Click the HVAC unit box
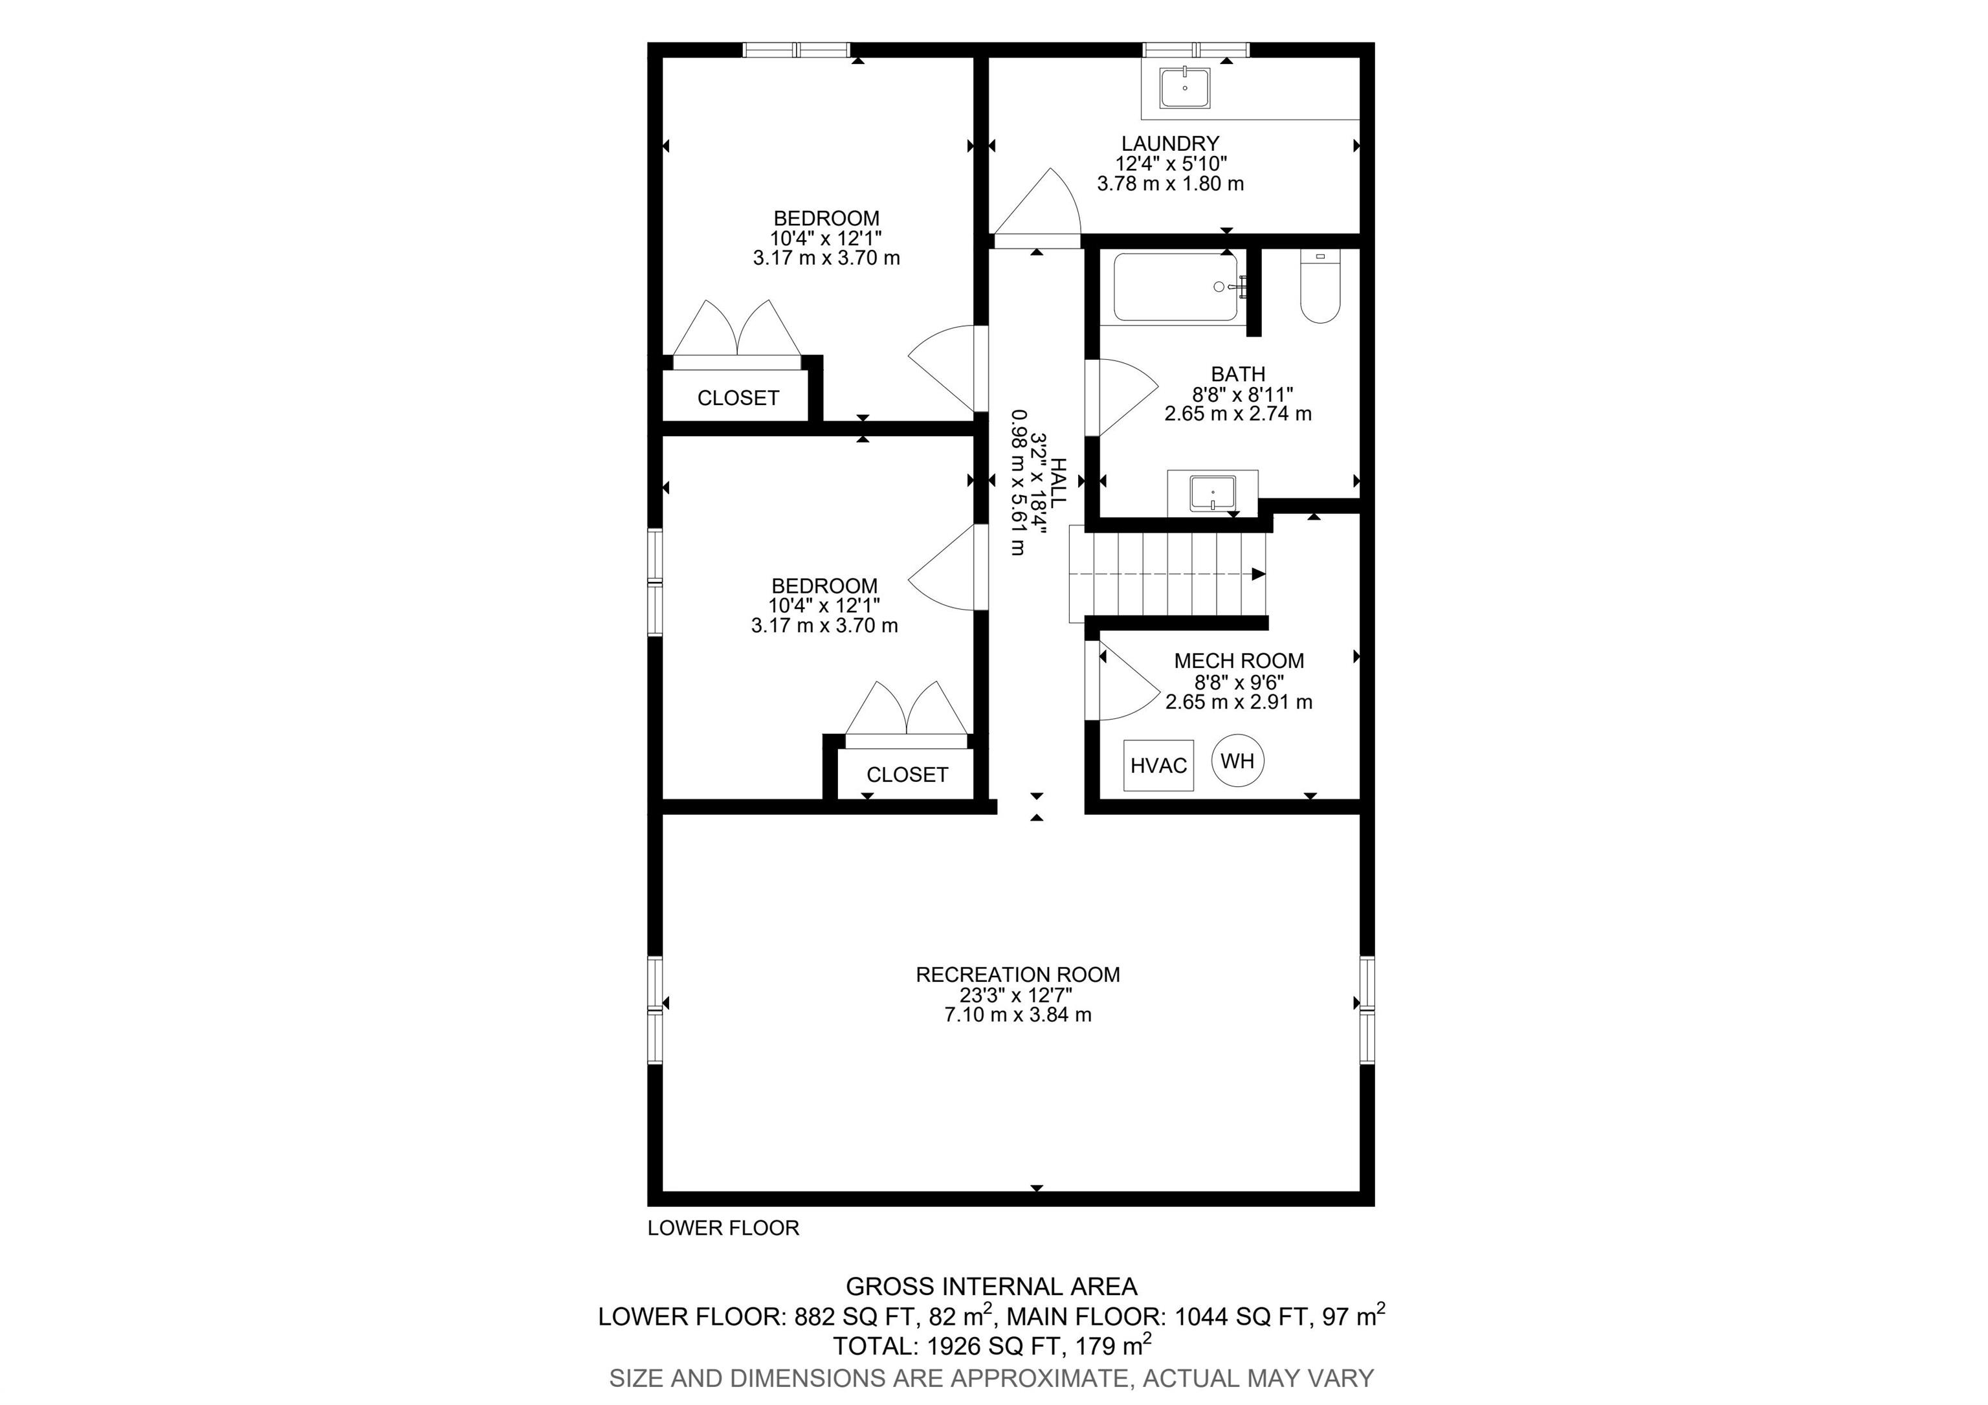(1158, 765)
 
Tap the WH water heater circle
(1237, 761)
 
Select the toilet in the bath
(1320, 285)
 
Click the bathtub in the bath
(1179, 287)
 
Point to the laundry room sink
(1184, 87)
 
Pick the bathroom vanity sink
(1212, 493)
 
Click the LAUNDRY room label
(1170, 144)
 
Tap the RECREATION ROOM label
(1017, 975)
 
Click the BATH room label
(1238, 374)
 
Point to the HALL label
(1058, 482)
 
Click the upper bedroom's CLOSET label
(738, 398)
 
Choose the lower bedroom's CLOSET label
(907, 775)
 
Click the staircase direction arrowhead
(1259, 574)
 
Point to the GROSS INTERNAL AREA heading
(991, 1287)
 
